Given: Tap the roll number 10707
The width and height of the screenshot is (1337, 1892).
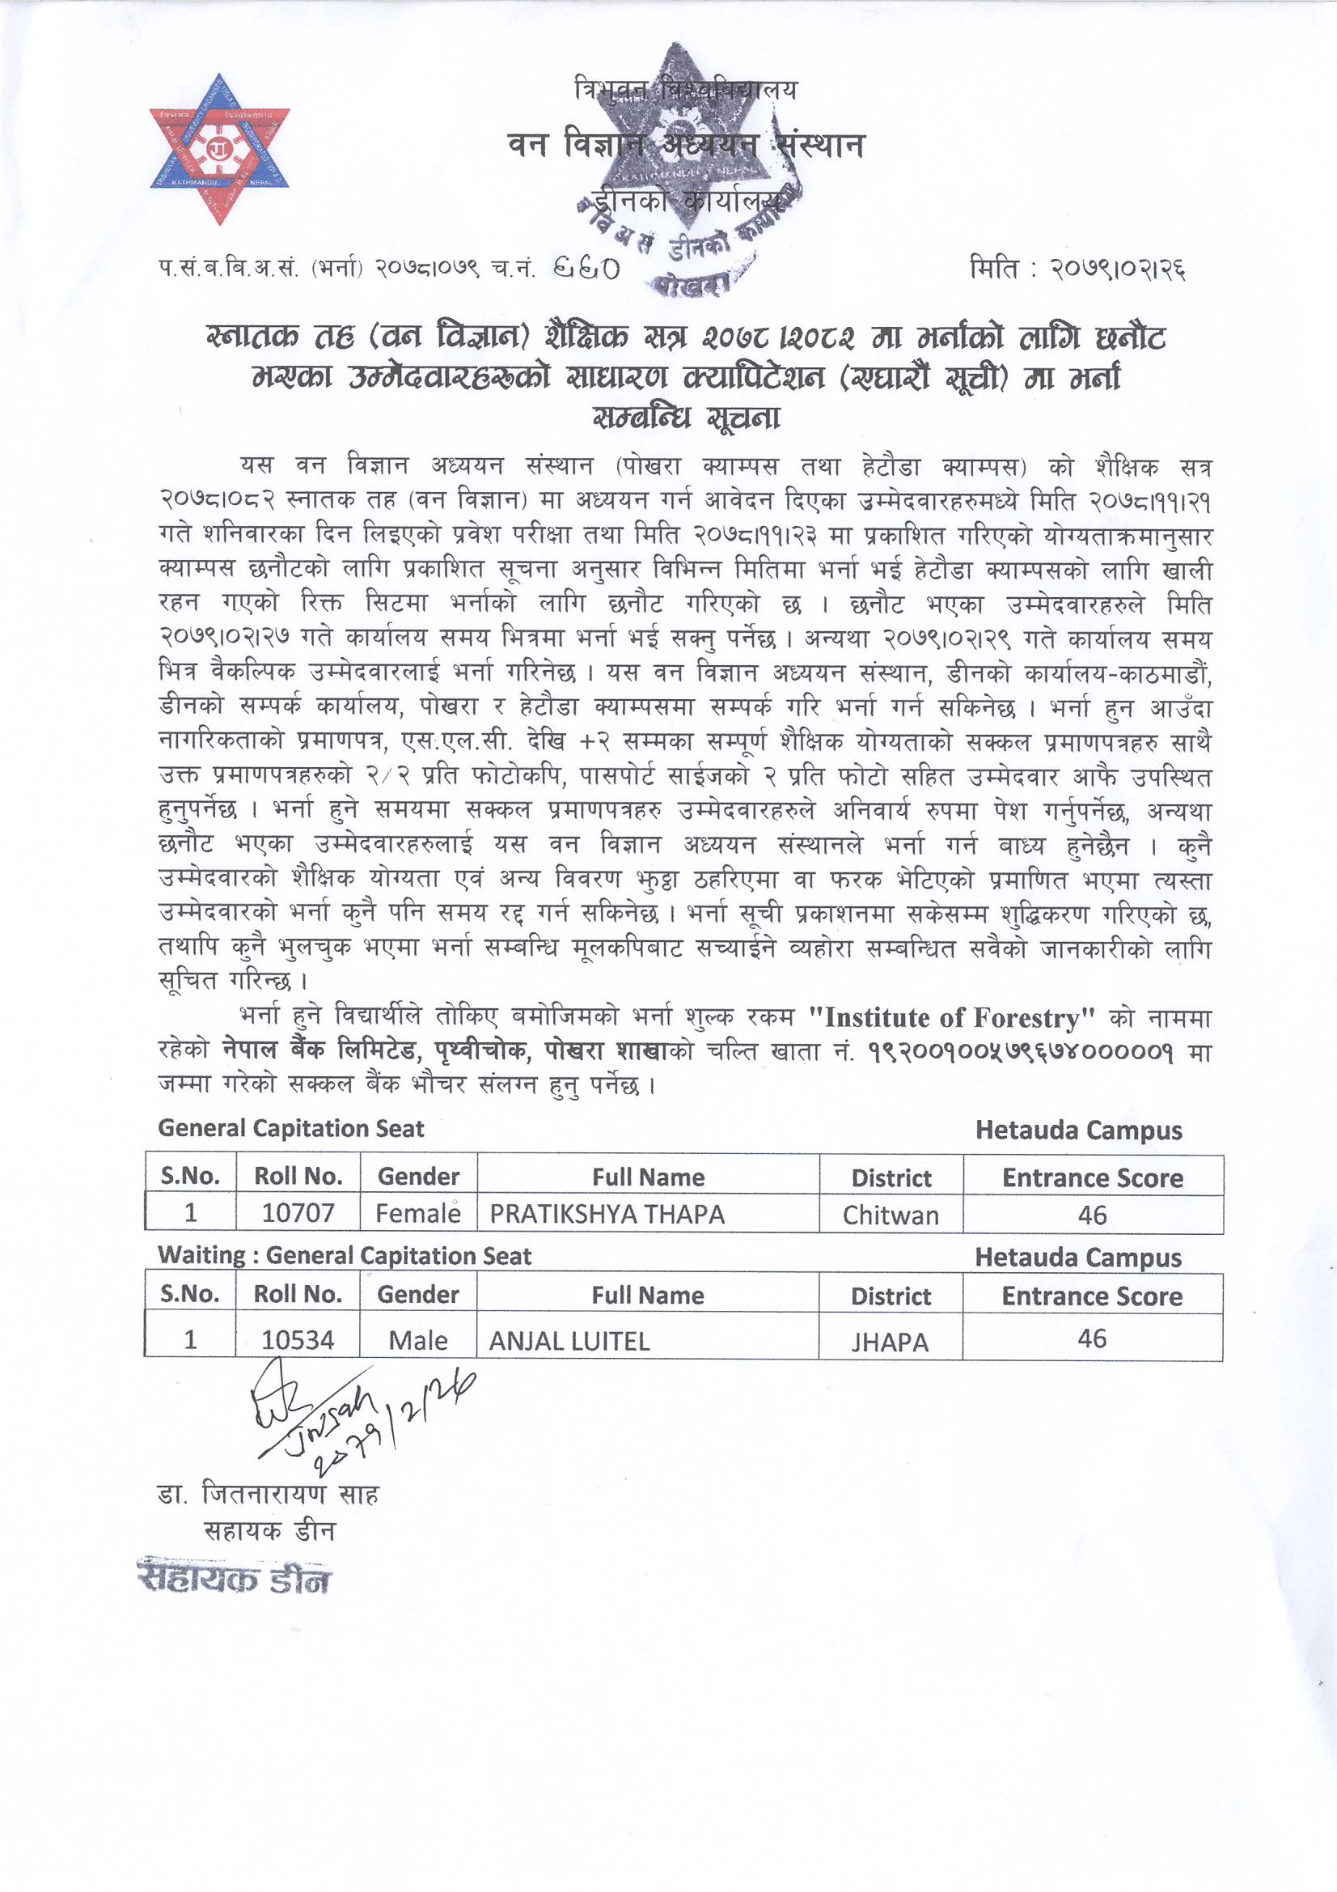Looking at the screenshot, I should coord(298,1214).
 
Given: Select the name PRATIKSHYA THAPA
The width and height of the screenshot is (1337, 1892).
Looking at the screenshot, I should coord(607,1215).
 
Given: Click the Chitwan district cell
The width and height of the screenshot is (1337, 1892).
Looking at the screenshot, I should coord(891,1215).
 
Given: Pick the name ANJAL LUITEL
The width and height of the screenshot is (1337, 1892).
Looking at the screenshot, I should coord(569,1342).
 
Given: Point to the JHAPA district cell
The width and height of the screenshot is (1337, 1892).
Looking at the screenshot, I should coord(890,1343).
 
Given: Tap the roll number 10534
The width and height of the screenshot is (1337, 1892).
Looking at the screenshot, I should coord(298,1341).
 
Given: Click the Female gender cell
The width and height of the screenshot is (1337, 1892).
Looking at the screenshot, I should coord(417,1214).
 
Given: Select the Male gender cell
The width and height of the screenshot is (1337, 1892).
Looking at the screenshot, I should coord(417,1341).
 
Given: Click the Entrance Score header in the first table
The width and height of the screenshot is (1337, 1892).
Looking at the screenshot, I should coord(1093,1178).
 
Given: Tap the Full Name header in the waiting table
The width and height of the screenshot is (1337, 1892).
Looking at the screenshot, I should coord(648,1296).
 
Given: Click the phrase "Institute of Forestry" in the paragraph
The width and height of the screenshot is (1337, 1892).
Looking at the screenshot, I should coord(950,1019).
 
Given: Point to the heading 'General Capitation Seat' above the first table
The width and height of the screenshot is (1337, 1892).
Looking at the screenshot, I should coord(291,1128).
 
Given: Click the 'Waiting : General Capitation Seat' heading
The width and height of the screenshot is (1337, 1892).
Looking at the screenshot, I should coord(345,1255).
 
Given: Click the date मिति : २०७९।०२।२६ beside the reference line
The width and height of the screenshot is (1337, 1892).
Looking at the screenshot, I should coord(1077,269).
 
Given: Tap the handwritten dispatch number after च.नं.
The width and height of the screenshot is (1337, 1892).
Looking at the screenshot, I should coord(586,268).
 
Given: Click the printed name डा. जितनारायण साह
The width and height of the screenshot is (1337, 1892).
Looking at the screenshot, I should coord(268,1494).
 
